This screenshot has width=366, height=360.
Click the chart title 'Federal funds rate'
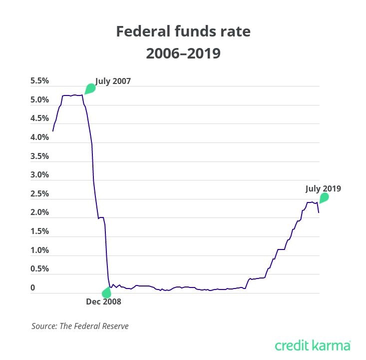(x=183, y=32)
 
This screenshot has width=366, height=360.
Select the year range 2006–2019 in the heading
(x=183, y=53)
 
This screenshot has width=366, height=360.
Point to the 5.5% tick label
(x=39, y=81)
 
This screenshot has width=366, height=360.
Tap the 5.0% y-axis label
(x=39, y=100)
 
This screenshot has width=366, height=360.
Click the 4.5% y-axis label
(x=39, y=118)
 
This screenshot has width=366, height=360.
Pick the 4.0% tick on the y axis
(x=39, y=137)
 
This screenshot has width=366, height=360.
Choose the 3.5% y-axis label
(x=39, y=156)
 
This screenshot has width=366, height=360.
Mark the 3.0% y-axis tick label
(x=39, y=175)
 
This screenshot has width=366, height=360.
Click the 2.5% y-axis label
(x=39, y=193)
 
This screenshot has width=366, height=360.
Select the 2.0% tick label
(x=39, y=212)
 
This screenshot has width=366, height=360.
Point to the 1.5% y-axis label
(x=39, y=231)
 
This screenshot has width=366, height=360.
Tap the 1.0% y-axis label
(x=39, y=250)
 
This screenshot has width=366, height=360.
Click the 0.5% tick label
(x=39, y=268)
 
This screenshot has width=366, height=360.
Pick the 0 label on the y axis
(x=32, y=287)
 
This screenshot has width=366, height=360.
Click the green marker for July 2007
(x=90, y=89)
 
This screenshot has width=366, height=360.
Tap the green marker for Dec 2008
(x=106, y=293)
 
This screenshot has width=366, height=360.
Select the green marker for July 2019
(x=324, y=198)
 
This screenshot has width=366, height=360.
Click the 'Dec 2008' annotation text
(x=103, y=301)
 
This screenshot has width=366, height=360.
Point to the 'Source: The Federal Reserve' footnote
(x=80, y=326)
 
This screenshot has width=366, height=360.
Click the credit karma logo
(x=313, y=345)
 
